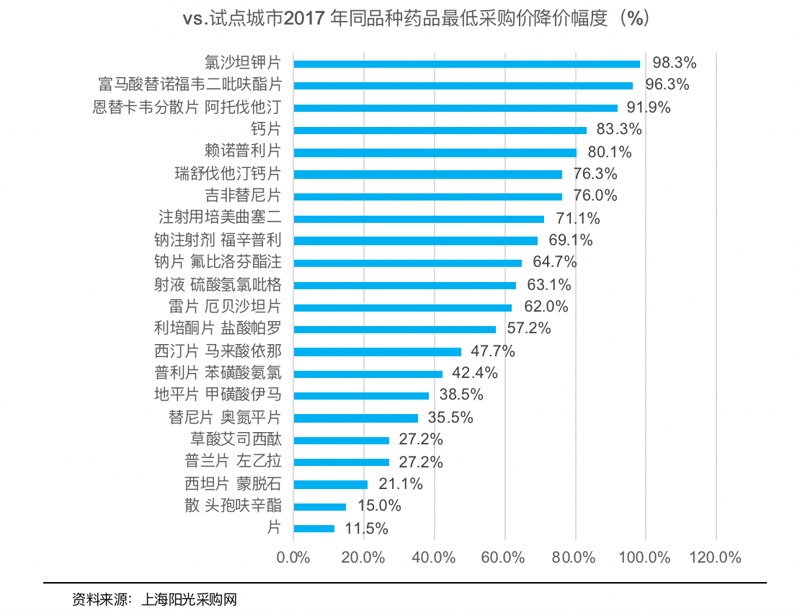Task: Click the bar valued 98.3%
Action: pyautogui.click(x=466, y=63)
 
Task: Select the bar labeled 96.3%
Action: pyautogui.click(x=463, y=86)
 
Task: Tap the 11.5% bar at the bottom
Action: pyautogui.click(x=314, y=529)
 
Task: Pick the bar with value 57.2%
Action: pyautogui.click(x=394, y=330)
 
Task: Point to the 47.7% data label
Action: pyautogui.click(x=493, y=351)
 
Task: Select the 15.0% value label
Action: pyautogui.click(x=379, y=506)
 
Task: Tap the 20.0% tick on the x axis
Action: pyautogui.click(x=363, y=558)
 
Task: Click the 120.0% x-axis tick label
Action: pyautogui.click(x=716, y=558)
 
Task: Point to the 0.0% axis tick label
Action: pyautogui.click(x=293, y=558)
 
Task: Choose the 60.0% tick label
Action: pyautogui.click(x=505, y=558)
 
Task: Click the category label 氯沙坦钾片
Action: pyautogui.click(x=243, y=63)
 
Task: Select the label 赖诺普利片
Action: pyautogui.click(x=243, y=151)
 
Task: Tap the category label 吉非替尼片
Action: pyautogui.click(x=243, y=195)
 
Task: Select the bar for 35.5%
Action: pyautogui.click(x=356, y=418)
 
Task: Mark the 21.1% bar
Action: pyautogui.click(x=331, y=485)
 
